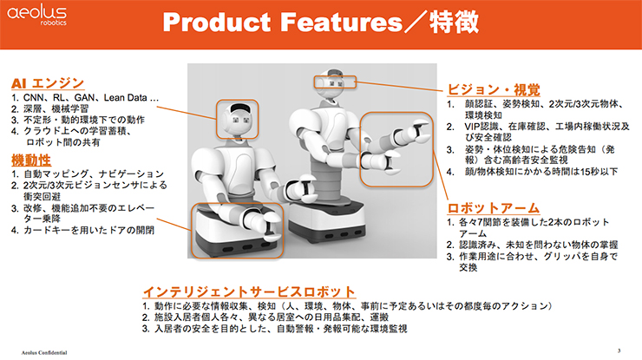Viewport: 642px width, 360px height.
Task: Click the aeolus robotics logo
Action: point(36,16)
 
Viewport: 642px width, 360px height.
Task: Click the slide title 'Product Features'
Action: point(283,22)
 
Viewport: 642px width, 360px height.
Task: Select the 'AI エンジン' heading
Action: point(48,83)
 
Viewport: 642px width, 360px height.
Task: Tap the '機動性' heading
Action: point(31,160)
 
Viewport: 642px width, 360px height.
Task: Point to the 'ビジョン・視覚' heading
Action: point(494,89)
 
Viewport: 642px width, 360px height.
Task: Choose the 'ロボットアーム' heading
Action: point(494,207)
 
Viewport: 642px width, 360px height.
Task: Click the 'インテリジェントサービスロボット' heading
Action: point(249,291)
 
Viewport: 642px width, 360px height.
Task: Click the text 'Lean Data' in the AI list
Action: point(125,98)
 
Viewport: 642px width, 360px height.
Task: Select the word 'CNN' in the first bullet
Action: point(33,98)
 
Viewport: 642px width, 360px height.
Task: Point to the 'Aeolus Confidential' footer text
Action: point(44,352)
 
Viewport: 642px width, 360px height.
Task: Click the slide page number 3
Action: point(619,350)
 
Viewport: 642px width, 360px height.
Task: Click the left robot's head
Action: point(238,119)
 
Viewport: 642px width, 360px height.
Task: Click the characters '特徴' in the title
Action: point(454,22)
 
